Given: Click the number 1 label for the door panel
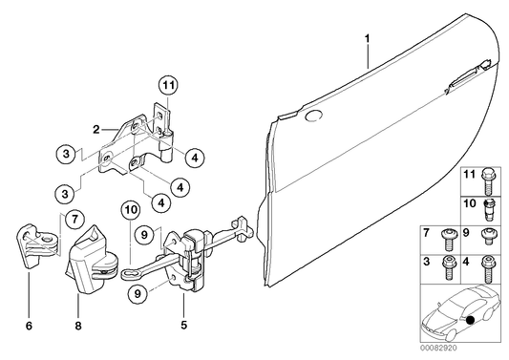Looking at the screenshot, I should [x=367, y=39].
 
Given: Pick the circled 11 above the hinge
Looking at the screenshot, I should [x=168, y=86].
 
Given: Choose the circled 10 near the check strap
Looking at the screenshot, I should [x=131, y=208].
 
